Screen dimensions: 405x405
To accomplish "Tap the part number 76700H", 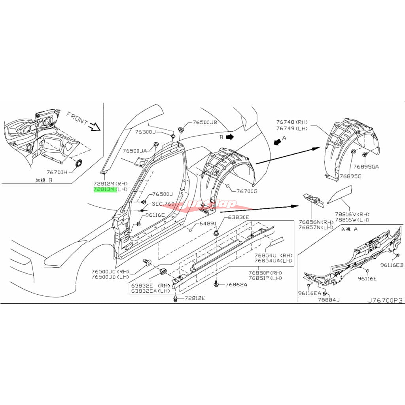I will point(57,172).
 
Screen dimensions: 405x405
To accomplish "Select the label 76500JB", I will point(205,123).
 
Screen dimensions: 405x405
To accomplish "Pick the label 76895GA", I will point(366,167).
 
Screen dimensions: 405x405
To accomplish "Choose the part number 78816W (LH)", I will point(352,220).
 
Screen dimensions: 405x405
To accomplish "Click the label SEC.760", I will point(163,204).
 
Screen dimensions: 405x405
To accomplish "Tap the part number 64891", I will point(208,223).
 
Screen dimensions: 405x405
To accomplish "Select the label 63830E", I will point(238,218).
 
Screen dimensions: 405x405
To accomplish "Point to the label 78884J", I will point(327,300).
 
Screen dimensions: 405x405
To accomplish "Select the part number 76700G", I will point(247,191).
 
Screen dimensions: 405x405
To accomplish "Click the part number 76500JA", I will point(134,151).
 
